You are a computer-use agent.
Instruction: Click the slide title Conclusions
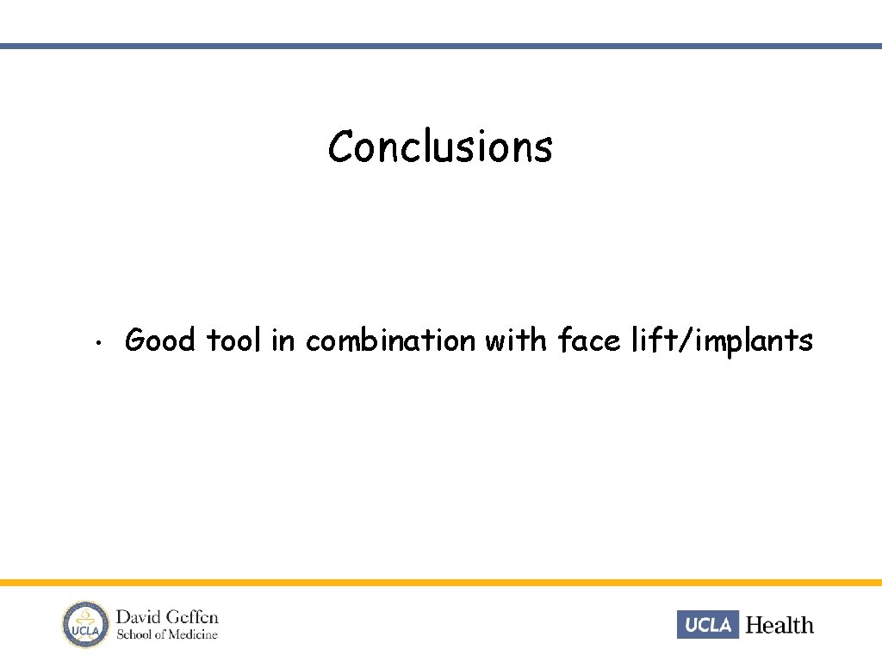440,147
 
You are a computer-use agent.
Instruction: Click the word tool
233,340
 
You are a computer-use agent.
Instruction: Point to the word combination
390,340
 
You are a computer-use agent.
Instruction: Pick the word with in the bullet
515,340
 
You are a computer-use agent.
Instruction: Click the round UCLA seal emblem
84,624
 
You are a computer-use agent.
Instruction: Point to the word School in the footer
136,635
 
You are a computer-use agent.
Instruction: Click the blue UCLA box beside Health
708,624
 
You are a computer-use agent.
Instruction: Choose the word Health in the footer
779,625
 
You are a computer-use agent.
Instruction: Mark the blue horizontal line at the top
441,46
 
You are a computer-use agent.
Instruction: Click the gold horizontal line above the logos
441,583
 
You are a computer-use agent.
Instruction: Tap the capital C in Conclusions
340,147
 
